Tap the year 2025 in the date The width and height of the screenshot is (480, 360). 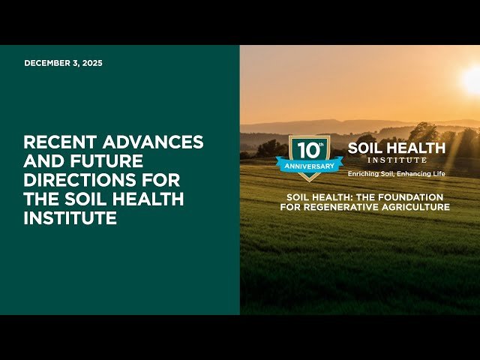pyautogui.click(x=92, y=63)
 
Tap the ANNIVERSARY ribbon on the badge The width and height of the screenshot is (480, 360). pyautogui.click(x=304, y=165)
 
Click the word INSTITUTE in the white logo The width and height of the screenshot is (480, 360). pyautogui.click(x=397, y=160)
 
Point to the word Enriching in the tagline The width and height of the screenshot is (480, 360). pyautogui.click(x=361, y=173)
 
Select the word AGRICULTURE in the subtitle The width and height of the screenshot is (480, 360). pyautogui.click(x=417, y=206)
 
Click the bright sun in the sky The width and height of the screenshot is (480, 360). pyautogui.click(x=472, y=79)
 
